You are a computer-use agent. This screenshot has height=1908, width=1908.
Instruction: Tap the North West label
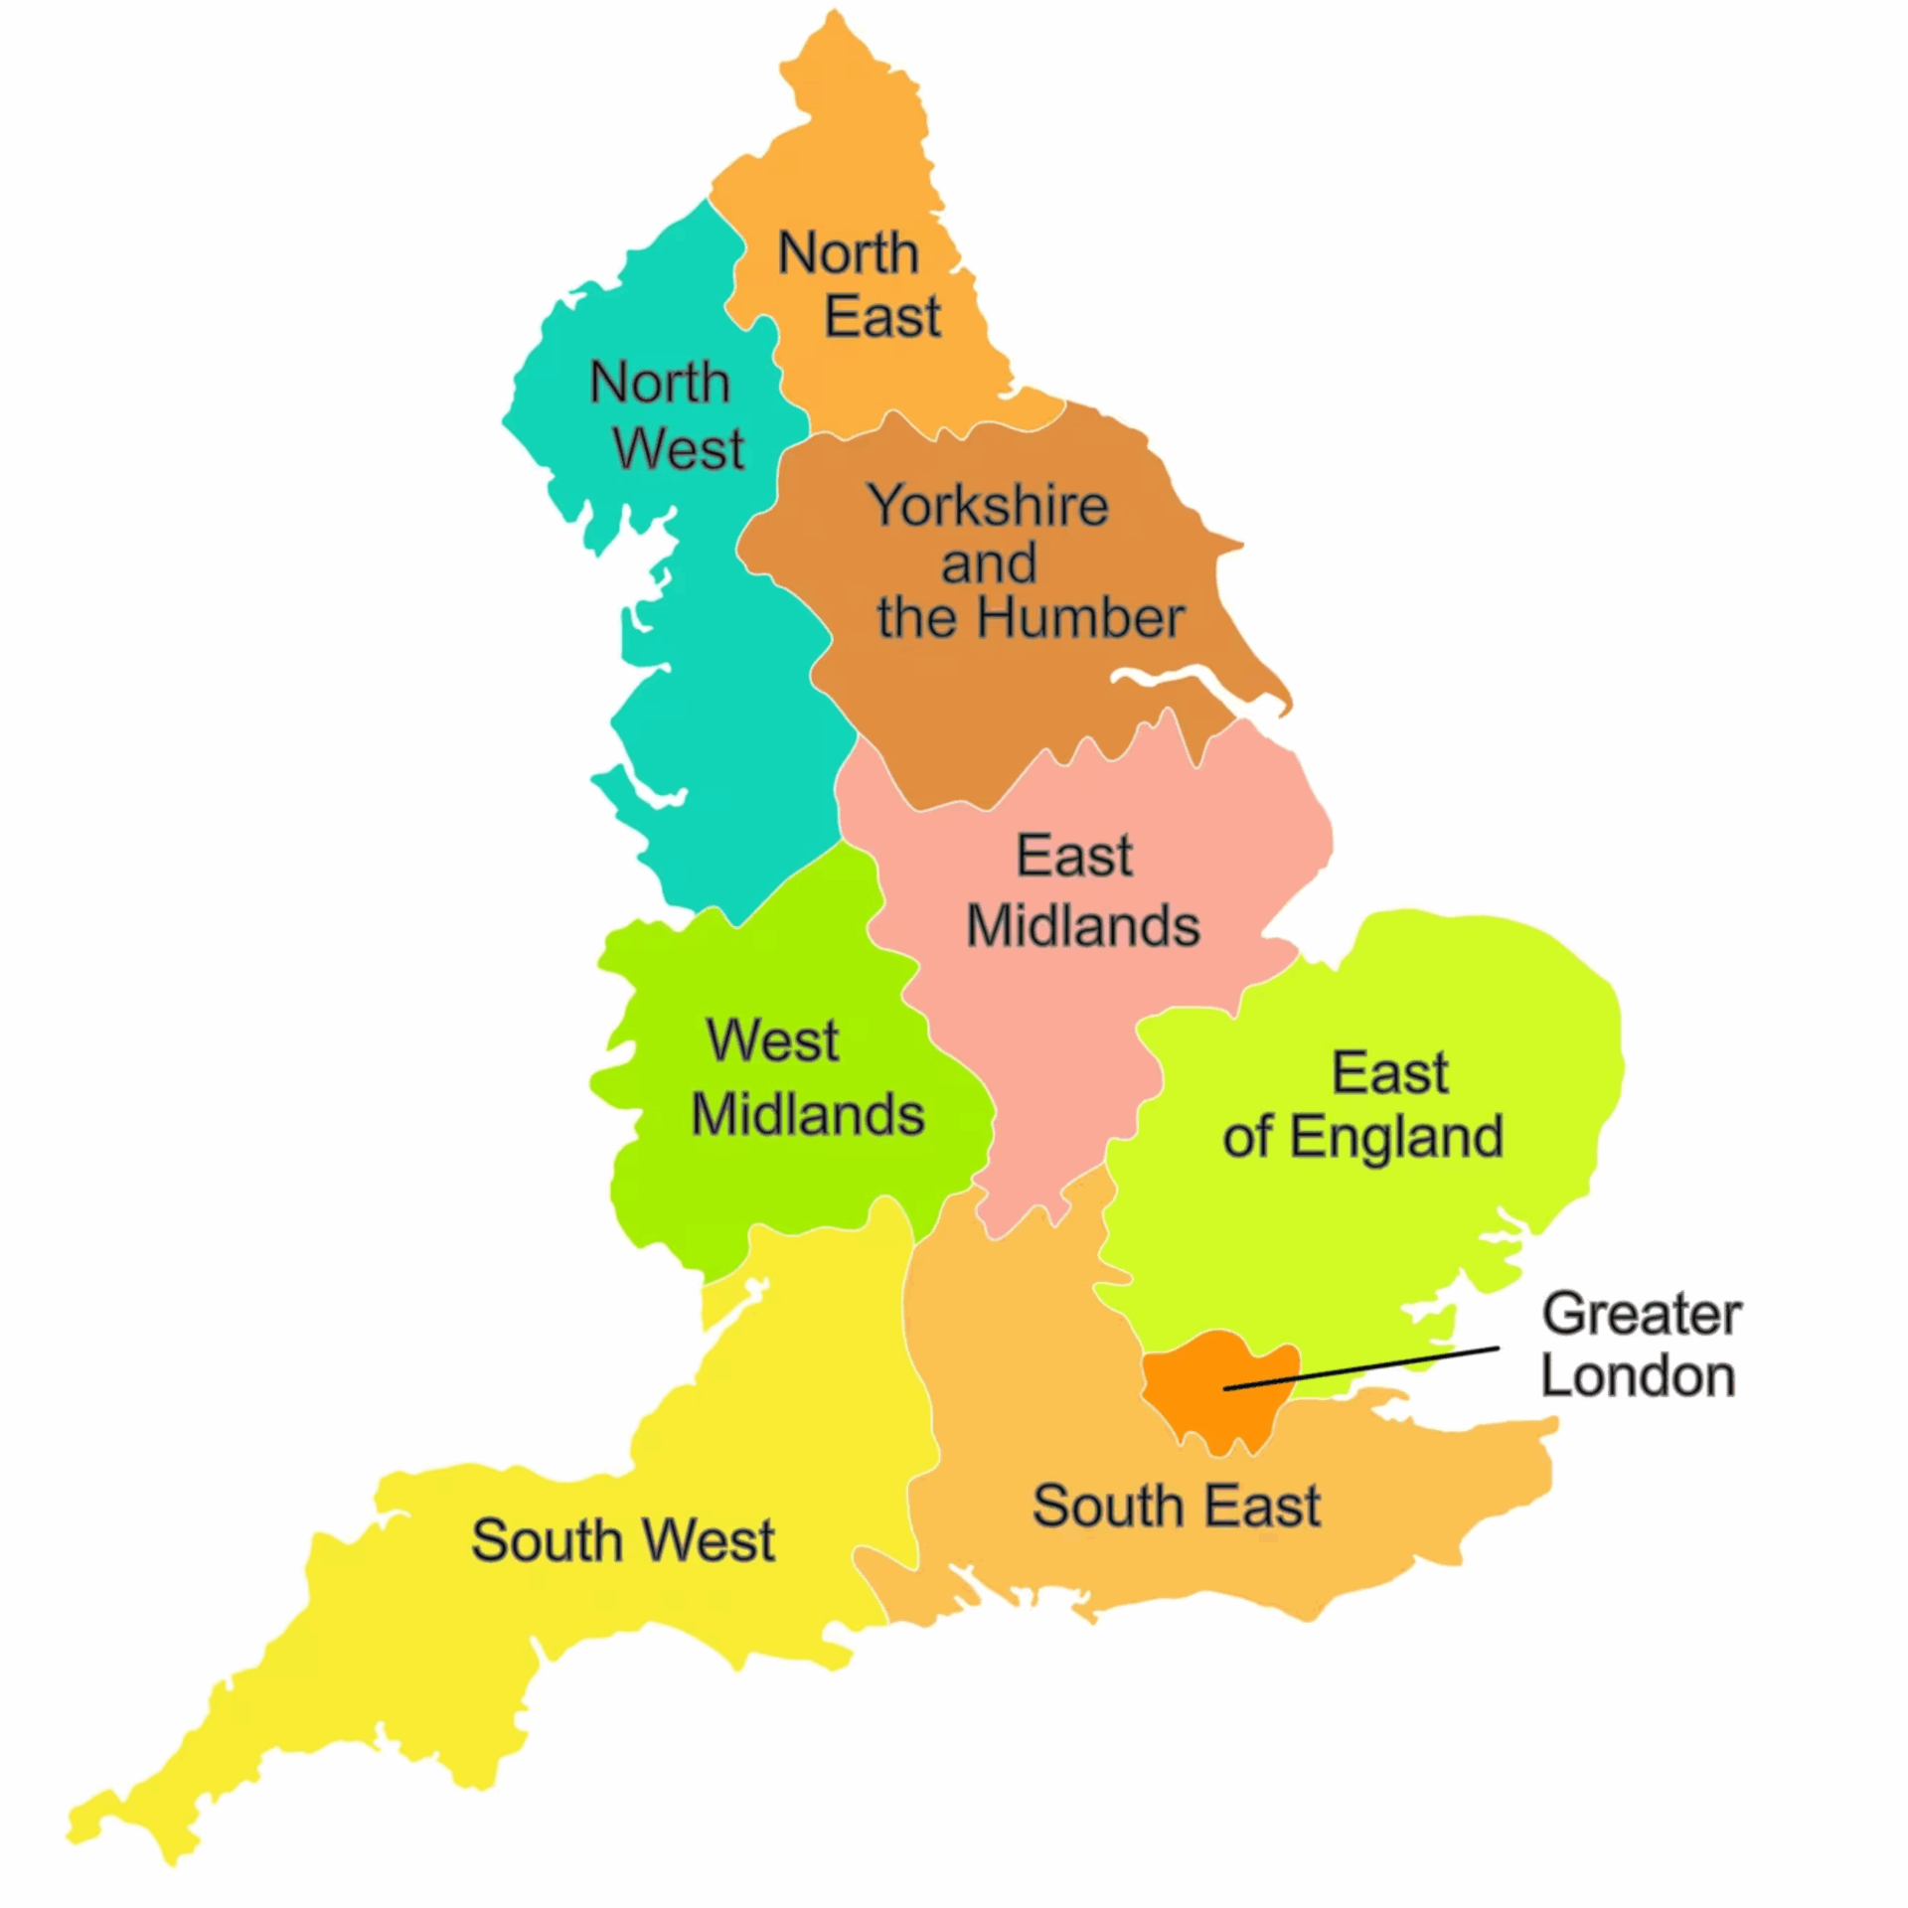point(667,415)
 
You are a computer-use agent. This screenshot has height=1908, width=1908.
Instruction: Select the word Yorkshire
point(988,506)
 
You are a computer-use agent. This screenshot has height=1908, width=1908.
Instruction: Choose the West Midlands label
point(807,1077)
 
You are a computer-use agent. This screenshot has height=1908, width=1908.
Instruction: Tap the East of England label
point(1363,1104)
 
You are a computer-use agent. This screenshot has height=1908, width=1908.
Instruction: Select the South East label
point(1177,1506)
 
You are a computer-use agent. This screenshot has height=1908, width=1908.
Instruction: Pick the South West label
point(622,1540)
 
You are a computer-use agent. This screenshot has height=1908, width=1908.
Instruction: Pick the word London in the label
point(1638,1377)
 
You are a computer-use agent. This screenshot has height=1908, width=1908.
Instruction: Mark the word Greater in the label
point(1642,1315)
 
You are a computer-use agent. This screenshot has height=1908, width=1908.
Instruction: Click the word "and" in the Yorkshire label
point(989,563)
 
